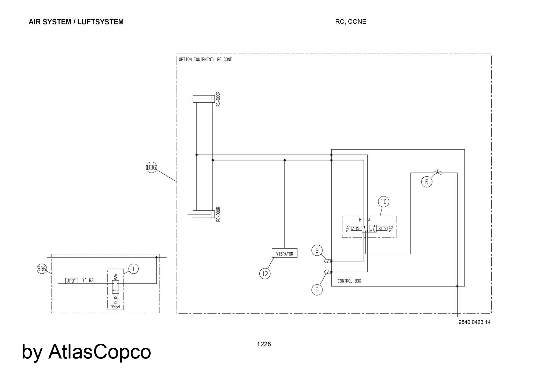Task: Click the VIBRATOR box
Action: [285, 253]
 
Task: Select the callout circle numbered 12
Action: [265, 274]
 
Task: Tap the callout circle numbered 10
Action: [383, 202]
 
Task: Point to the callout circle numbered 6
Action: [427, 182]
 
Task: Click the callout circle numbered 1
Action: [133, 269]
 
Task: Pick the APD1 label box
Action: [72, 281]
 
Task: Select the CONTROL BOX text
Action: [349, 281]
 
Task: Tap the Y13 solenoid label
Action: [348, 229]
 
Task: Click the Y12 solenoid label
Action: [391, 229]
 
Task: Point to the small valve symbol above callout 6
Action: [437, 173]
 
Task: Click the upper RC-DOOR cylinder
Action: [204, 99]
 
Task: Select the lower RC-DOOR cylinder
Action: [204, 214]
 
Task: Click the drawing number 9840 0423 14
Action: [474, 322]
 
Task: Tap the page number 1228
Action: [264, 344]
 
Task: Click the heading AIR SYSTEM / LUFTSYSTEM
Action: [76, 22]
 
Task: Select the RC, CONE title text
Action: [351, 21]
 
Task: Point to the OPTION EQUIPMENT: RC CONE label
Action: [205, 59]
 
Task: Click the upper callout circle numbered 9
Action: [317, 250]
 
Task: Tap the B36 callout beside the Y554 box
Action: [42, 269]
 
